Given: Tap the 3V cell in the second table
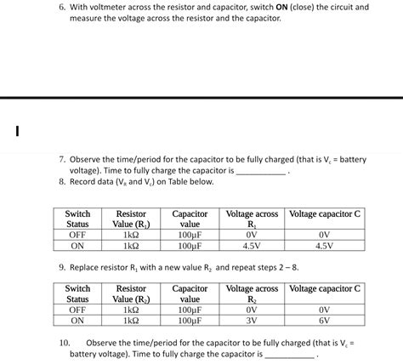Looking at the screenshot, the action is [251, 321].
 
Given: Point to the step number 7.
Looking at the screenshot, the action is [63, 159].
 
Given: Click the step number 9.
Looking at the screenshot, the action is [63, 267].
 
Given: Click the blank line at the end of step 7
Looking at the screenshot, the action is [260, 172].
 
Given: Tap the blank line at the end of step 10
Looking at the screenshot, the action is [289, 355].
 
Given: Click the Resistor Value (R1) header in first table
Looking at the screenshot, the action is [131, 219].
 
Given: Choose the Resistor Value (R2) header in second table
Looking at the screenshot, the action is [131, 294].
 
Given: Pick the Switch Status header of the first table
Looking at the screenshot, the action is [78, 219].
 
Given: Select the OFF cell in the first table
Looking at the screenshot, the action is [78, 235].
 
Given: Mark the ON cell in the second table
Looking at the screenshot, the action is [78, 321].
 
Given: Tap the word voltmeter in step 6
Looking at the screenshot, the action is [114, 7].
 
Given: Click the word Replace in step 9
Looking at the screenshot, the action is [87, 267].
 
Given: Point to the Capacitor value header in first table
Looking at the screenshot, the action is [190, 219].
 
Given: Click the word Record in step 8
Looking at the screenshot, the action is [87, 182].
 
